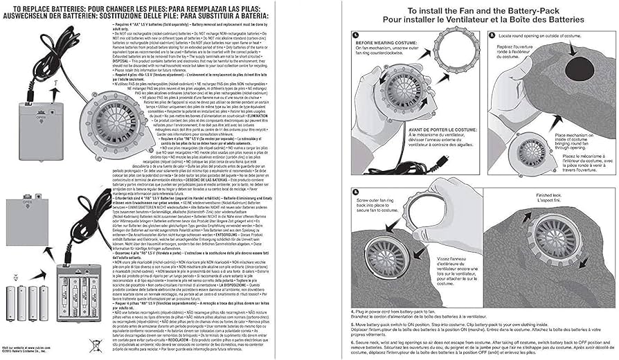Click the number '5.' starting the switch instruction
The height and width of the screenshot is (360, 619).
click(x=352, y=323)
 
